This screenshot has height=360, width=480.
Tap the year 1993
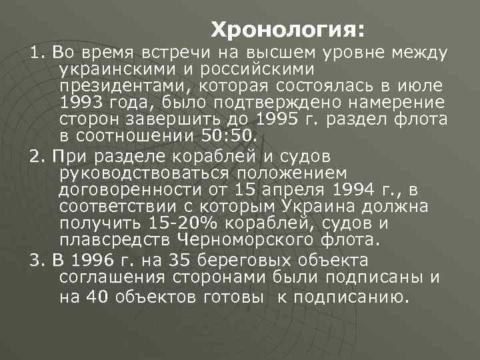78,102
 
